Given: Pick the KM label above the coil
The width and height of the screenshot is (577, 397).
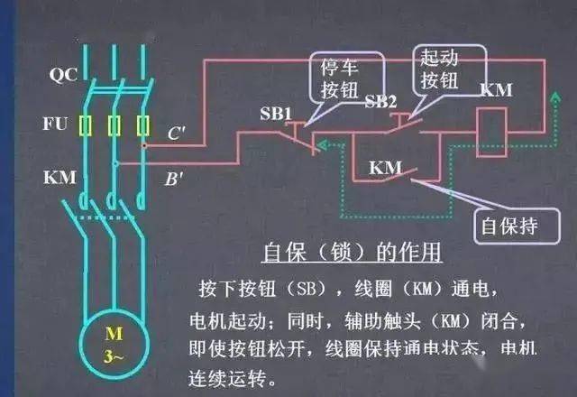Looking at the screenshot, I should (x=498, y=90).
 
